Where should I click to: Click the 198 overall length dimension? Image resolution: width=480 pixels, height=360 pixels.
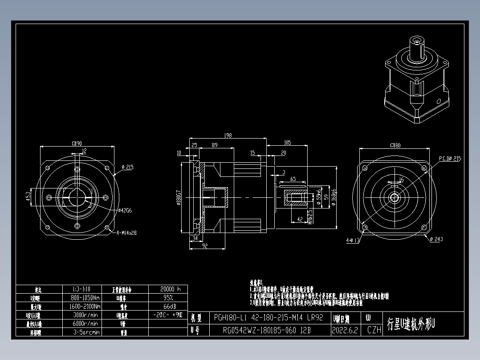(x=228, y=135)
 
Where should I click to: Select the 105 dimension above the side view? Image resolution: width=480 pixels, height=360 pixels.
(x=287, y=143)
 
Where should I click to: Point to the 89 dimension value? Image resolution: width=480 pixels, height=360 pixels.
(x=215, y=145)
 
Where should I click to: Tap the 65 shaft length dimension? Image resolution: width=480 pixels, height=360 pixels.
(x=293, y=179)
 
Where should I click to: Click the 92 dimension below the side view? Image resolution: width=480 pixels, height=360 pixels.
(x=205, y=245)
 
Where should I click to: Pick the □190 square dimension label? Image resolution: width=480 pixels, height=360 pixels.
(x=77, y=143)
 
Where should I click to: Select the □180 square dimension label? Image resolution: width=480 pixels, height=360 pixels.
(x=395, y=145)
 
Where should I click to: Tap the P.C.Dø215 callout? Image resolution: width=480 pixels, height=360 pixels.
(x=450, y=158)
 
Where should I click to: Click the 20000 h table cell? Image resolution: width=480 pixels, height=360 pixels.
(x=168, y=289)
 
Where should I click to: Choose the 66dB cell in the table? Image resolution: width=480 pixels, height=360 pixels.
(x=168, y=307)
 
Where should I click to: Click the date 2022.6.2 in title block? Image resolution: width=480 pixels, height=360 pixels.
(x=345, y=331)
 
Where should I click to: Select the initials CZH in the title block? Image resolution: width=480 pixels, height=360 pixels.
(x=374, y=331)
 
